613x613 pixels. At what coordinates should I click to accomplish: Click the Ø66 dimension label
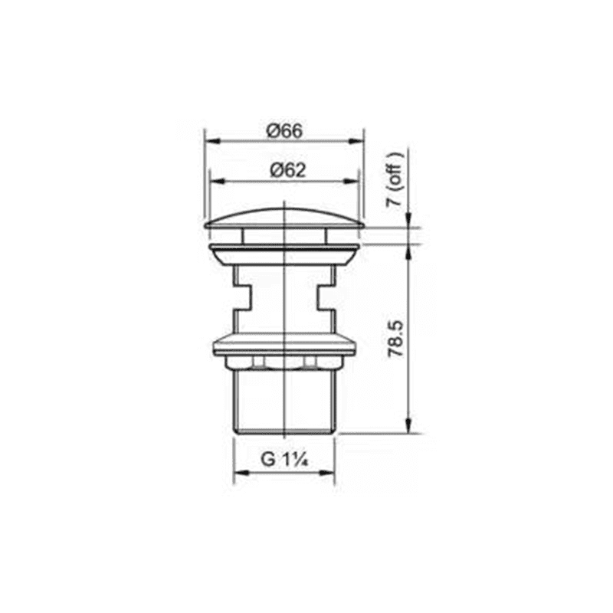pyautogui.click(x=284, y=130)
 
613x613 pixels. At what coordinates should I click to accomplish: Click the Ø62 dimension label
pyautogui.click(x=288, y=170)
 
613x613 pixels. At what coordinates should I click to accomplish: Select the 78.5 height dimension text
pyautogui.click(x=395, y=339)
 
